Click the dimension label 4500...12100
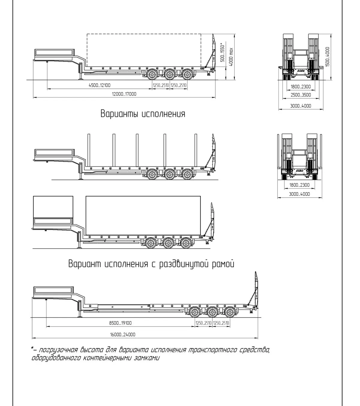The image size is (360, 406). [100, 85]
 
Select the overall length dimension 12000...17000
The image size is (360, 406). [124, 94]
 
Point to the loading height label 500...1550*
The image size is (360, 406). [222, 52]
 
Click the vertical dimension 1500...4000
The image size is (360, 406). [327, 57]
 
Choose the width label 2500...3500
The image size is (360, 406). [301, 95]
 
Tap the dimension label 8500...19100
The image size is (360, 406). [120, 323]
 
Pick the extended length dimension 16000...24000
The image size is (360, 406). [122, 334]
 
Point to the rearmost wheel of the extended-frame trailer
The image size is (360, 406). [230, 312]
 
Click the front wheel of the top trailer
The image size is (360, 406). [152, 75]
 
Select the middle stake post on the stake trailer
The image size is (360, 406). [137, 150]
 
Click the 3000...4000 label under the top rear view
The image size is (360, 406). [301, 106]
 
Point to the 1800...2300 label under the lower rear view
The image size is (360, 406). [299, 185]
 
